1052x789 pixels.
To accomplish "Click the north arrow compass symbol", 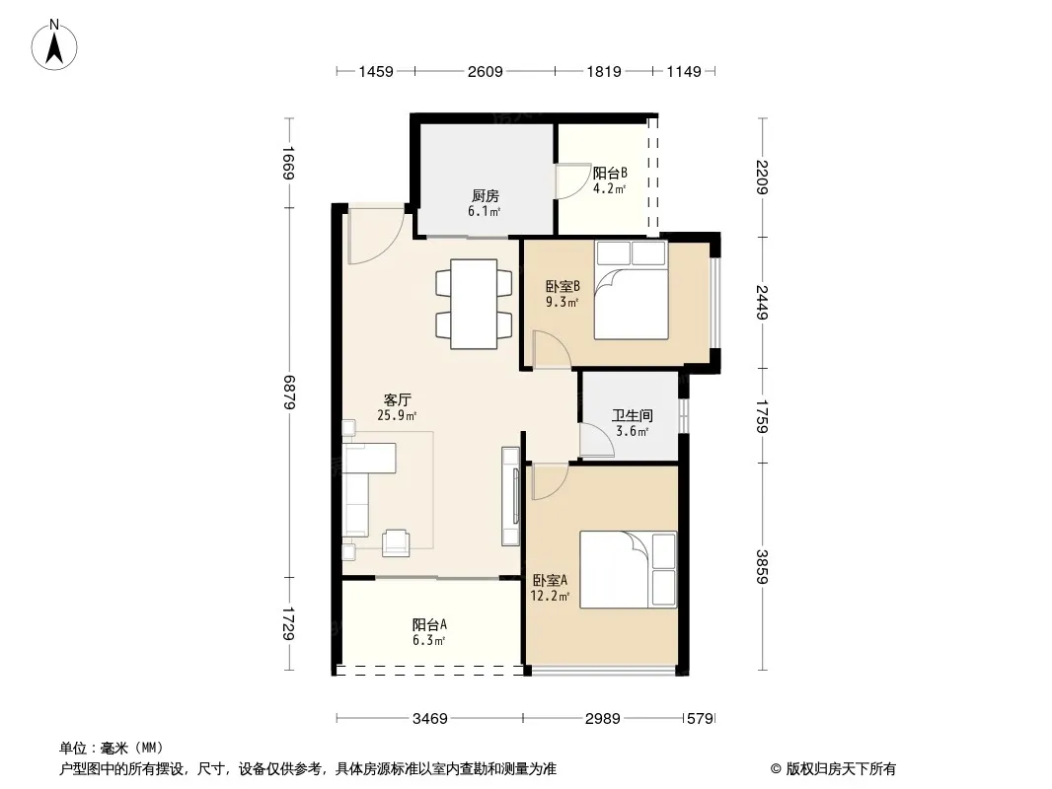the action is (x=54, y=45).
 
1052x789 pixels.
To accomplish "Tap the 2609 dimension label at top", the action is (x=486, y=71).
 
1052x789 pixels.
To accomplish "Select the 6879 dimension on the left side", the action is (x=289, y=393).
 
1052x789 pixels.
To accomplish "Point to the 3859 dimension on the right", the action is (x=762, y=566).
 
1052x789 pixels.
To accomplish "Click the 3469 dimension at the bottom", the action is (x=429, y=719).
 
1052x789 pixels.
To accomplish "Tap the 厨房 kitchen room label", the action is (x=486, y=195).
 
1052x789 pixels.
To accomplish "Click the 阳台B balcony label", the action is (x=610, y=173).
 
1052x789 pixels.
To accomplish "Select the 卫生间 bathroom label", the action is (x=632, y=415).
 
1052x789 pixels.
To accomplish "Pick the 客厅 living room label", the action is (x=397, y=400).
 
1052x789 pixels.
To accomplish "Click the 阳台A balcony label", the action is (x=429, y=624).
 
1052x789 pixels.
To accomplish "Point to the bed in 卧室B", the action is (x=631, y=290).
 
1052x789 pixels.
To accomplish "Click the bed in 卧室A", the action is (x=628, y=570).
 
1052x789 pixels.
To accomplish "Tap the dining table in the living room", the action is (x=474, y=304).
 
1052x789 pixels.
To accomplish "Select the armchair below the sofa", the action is (x=396, y=542).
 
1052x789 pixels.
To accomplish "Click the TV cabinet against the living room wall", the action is (x=511, y=496).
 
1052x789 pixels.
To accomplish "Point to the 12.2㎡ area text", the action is (x=550, y=596).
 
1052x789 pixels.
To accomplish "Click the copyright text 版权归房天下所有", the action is (x=841, y=769).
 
